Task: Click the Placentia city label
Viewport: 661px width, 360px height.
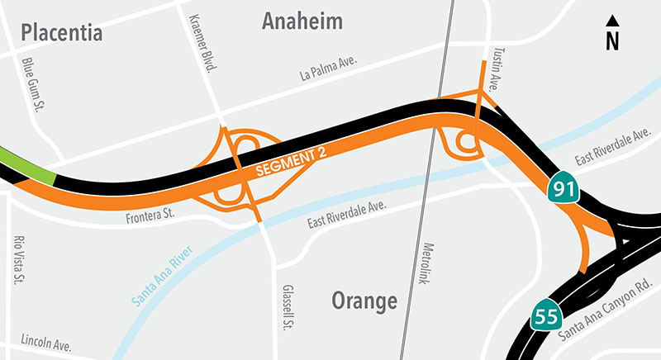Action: (61, 33)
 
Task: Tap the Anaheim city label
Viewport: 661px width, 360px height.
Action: (302, 22)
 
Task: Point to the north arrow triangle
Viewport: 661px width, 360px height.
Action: (612, 21)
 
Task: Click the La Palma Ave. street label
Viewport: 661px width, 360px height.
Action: (330, 73)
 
